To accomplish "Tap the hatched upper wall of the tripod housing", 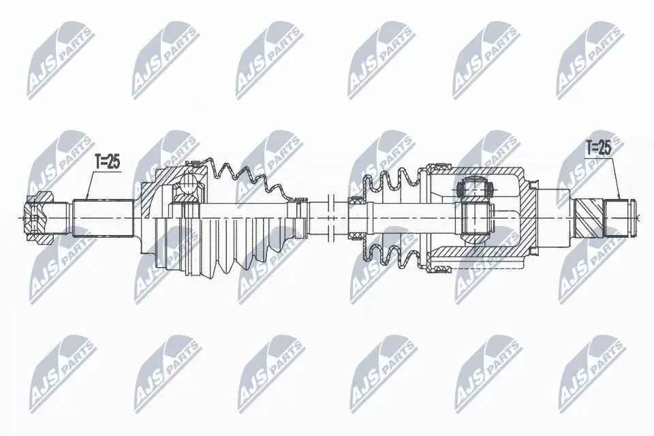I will [477, 170].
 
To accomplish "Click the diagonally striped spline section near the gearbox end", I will [589, 217].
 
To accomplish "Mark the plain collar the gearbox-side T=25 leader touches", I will [616, 217].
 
